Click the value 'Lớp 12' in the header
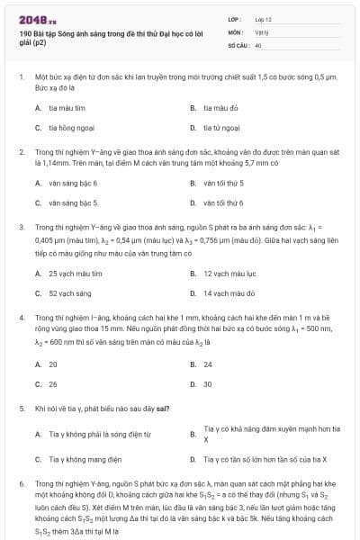(263, 18)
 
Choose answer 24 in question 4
(208, 364)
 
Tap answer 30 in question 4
(208, 383)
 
